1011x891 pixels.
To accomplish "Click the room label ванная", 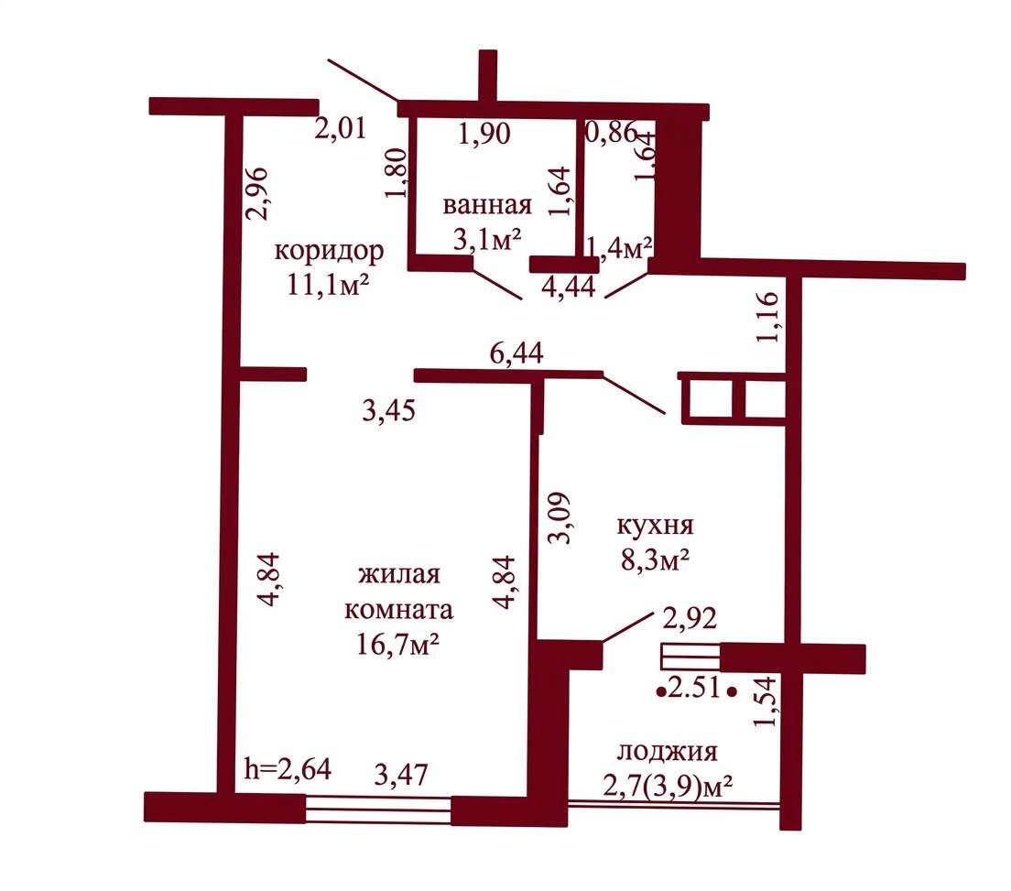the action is (487, 205).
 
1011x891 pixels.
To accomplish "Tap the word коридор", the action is (329, 252).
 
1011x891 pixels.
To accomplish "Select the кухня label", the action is (655, 527).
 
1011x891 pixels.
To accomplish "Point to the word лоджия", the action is (668, 753).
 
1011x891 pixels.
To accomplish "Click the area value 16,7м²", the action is (397, 644).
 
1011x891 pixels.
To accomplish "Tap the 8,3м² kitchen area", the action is (655, 560).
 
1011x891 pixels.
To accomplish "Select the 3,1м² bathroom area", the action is (487, 240).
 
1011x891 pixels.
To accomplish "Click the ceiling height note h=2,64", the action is (288, 768).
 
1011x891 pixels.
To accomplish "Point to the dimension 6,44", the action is (516, 353).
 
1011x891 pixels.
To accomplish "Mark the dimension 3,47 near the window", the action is (401, 774).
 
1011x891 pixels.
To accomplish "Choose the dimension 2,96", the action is (257, 194).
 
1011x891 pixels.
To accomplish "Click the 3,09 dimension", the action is (559, 518).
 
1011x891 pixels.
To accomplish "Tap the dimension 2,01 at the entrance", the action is (341, 127).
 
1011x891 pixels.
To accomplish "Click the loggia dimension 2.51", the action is (694, 689).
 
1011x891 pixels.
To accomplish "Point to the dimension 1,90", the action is (484, 134).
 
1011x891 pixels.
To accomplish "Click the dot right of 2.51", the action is (732, 691).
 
